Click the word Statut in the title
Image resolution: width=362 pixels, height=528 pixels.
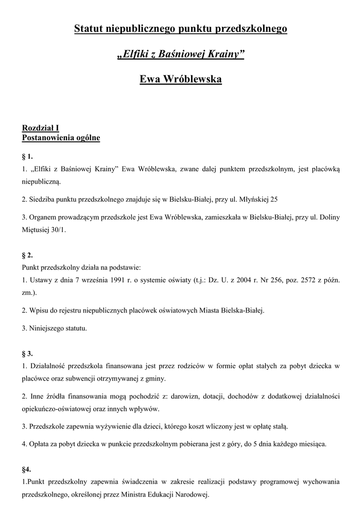(x=89, y=29)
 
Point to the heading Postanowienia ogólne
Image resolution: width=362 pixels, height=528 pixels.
(x=61, y=138)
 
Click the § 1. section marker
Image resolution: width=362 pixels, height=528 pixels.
(x=27, y=156)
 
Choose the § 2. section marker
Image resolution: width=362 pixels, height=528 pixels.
(x=27, y=255)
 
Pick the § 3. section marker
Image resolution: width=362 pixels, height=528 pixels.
(x=27, y=353)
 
